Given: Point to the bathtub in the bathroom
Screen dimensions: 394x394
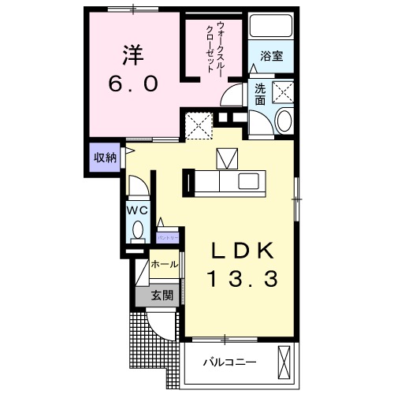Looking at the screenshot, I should pyautogui.click(x=273, y=28).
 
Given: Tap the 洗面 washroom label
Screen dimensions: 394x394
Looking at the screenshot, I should pyautogui.click(x=261, y=95).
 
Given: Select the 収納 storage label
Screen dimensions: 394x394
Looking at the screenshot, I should pyautogui.click(x=106, y=157).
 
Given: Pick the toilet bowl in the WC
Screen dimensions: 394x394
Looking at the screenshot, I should pyautogui.click(x=137, y=231).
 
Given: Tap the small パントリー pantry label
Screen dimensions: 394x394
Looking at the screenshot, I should pyautogui.click(x=168, y=236).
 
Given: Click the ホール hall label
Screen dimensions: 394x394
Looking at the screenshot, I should pyautogui.click(x=164, y=265).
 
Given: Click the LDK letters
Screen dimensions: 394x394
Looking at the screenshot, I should pyautogui.click(x=243, y=251).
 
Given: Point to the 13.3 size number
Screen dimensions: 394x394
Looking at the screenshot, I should pyautogui.click(x=243, y=278).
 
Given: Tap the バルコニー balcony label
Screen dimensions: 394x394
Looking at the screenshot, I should pyautogui.click(x=229, y=362).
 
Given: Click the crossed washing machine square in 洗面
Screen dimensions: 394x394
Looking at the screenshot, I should pyautogui.click(x=283, y=93).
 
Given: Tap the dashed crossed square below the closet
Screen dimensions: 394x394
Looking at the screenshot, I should pyautogui.click(x=199, y=125).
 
